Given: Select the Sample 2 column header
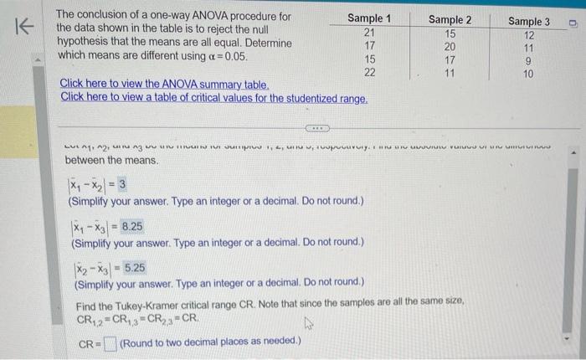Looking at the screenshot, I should [x=450, y=19].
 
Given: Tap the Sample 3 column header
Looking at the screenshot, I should [x=529, y=21].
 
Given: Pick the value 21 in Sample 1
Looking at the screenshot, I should [x=369, y=32].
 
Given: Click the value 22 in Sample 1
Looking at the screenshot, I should [x=369, y=72].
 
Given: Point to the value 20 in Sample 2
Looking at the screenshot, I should [x=450, y=47].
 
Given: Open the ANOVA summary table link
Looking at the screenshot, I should [x=165, y=85].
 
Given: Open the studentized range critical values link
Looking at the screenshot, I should [x=214, y=98].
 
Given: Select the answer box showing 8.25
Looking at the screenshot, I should [x=131, y=226].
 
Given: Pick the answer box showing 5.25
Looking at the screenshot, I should [x=135, y=268].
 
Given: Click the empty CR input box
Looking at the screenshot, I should [x=109, y=341].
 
